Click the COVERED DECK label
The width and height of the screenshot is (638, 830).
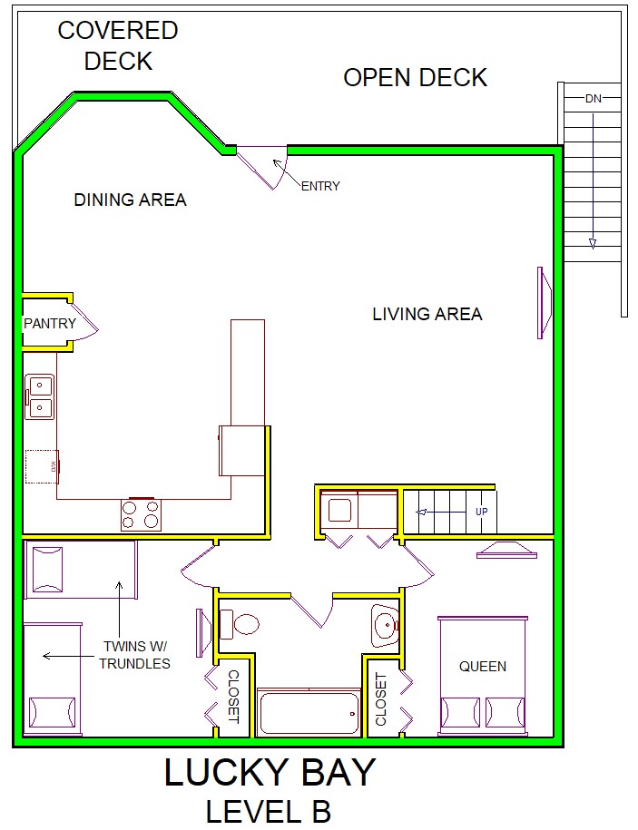click(x=118, y=45)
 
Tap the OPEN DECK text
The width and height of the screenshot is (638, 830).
click(x=415, y=78)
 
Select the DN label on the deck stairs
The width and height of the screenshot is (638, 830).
click(x=593, y=99)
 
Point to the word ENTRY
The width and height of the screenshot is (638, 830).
click(x=320, y=186)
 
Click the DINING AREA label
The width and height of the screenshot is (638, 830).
click(x=131, y=200)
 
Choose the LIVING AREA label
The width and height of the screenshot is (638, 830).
click(x=427, y=314)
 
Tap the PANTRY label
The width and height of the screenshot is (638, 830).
click(x=50, y=323)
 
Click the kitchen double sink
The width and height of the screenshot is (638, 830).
click(x=40, y=397)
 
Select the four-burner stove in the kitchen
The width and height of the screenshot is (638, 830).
click(x=141, y=514)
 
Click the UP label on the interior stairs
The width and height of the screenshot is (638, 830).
click(x=481, y=512)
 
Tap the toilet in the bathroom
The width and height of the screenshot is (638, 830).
click(x=240, y=623)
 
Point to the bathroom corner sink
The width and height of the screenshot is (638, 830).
click(x=385, y=626)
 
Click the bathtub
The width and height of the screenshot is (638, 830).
click(x=309, y=712)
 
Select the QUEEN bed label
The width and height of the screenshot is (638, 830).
click(x=482, y=666)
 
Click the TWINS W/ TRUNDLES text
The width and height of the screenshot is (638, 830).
click(x=134, y=655)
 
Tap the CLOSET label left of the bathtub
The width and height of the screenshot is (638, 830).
click(x=233, y=697)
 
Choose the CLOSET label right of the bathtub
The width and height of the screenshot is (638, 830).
click(x=381, y=699)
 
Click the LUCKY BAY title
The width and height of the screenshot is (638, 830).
click(x=270, y=772)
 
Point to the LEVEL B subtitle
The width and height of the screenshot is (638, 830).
click(x=269, y=812)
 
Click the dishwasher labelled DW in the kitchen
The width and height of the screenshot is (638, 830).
click(x=42, y=466)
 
